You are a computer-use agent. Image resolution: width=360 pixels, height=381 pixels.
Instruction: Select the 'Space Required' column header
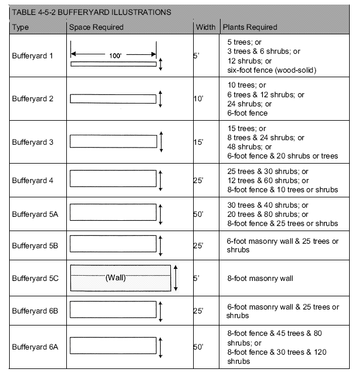pyautogui.click(x=96, y=27)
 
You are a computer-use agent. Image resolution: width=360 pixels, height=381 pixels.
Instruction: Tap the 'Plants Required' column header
pyautogui.click(x=250, y=27)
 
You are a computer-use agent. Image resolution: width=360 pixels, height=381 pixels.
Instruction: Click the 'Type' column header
pyautogui.click(x=20, y=27)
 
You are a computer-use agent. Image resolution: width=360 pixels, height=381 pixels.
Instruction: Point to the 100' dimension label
pyautogui.click(x=114, y=55)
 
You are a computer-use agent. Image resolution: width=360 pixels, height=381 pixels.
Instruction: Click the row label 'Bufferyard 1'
pyautogui.click(x=33, y=56)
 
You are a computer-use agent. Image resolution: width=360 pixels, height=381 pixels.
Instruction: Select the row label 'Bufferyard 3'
pyautogui.click(x=33, y=142)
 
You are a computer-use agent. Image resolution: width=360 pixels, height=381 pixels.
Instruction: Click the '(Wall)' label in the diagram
pyautogui.click(x=115, y=278)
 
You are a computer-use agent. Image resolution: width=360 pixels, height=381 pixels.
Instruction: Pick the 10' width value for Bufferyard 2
pyautogui.click(x=198, y=99)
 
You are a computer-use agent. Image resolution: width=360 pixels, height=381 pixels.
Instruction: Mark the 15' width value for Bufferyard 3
pyautogui.click(x=198, y=142)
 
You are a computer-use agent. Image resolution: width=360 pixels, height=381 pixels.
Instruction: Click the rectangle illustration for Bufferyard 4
pyautogui.click(x=113, y=180)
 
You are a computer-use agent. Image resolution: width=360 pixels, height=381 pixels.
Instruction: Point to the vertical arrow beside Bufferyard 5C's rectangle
pyautogui.click(x=176, y=278)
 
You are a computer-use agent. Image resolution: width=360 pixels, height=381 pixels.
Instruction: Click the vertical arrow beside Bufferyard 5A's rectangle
pyautogui.click(x=161, y=214)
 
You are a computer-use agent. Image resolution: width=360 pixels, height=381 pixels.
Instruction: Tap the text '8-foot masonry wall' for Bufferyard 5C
pyautogui.click(x=260, y=279)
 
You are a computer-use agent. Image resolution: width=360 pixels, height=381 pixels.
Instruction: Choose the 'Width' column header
pyautogui.click(x=206, y=27)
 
